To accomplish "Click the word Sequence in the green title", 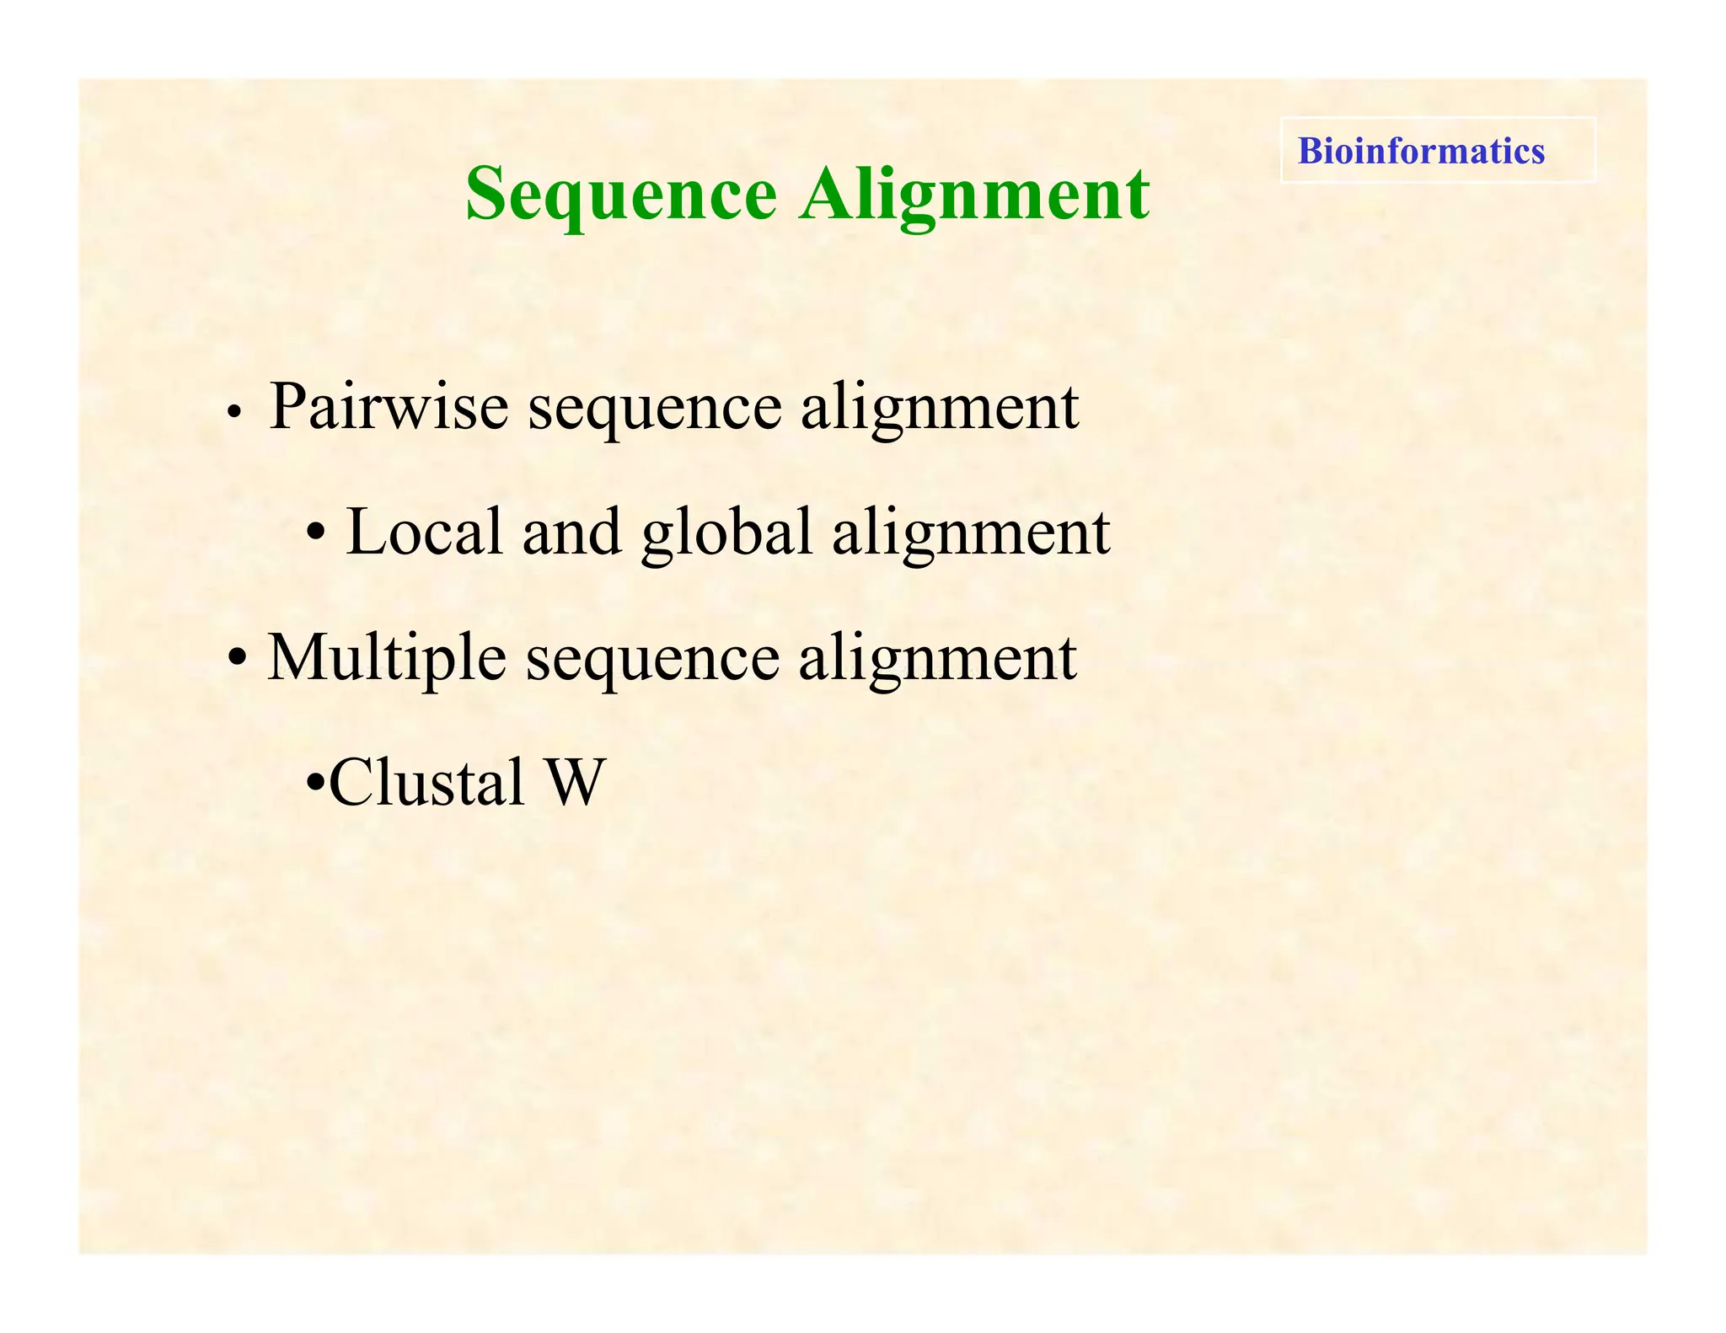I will (620, 195).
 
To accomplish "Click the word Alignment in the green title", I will (974, 195).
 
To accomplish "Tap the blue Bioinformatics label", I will (1421, 151).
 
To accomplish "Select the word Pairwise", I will (389, 407).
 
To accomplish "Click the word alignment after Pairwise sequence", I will (939, 409).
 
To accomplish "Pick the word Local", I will (425, 533).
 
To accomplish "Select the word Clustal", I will (426, 783).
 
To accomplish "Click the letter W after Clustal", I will (576, 783).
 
